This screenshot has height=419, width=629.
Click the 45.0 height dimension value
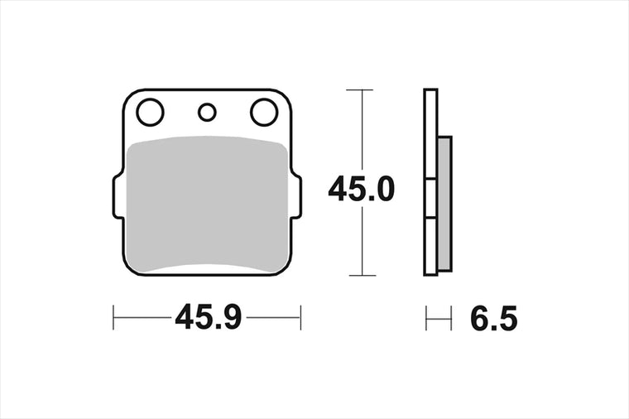pos(362,189)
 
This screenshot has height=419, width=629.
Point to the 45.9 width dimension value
pos(209,317)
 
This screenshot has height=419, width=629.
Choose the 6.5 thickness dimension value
pos(494,318)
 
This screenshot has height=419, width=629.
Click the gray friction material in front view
pos(207,204)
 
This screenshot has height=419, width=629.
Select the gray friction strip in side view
pos(444,204)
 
